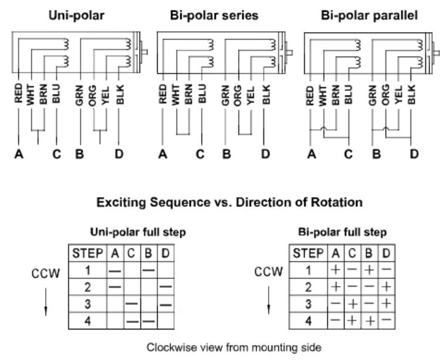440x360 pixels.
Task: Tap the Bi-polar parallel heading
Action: [x=370, y=15]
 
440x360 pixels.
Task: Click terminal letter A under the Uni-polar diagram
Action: [x=19, y=155]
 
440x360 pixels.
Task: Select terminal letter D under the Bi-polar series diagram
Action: [x=265, y=155]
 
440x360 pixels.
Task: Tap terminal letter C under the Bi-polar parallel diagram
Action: [x=349, y=155]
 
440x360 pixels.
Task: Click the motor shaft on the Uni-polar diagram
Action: [x=145, y=52]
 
